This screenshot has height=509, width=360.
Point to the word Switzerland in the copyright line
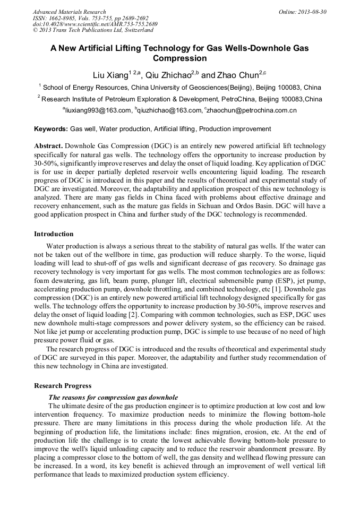pyautogui.click(x=134, y=31)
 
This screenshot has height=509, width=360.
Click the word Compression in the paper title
pyautogui.click(x=179, y=58)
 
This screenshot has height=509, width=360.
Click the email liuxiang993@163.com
pyautogui.click(x=98, y=110)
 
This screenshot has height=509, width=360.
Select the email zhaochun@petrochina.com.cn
pyautogui.click(x=252, y=110)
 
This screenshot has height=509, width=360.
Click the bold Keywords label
pyautogui.click(x=51, y=129)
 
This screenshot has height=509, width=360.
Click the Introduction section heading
pyautogui.click(x=54, y=234)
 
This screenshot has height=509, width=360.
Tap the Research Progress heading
pyautogui.click(x=63, y=386)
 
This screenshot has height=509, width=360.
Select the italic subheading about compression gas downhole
pyautogui.click(x=113, y=397)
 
